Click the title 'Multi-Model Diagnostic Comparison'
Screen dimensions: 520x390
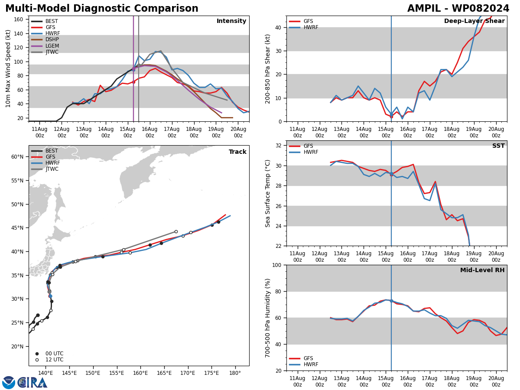[102, 9]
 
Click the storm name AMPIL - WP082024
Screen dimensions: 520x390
[458, 9]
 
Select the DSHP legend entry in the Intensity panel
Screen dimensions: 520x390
[45, 39]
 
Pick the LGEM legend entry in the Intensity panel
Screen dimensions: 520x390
[45, 45]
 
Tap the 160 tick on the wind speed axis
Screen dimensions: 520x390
[18, 19]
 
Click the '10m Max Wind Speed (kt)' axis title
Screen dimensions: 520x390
[8, 68]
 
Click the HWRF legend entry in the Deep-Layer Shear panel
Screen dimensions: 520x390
[303, 27]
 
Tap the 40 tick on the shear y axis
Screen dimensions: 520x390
[278, 27]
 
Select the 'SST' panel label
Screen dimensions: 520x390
[498, 146]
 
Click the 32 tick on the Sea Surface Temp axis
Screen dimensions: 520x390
[278, 146]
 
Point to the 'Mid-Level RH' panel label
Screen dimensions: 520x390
[482, 270]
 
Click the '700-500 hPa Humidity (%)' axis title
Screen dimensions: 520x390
[267, 318]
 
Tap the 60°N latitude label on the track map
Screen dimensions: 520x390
[17, 157]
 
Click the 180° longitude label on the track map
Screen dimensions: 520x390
[235, 373]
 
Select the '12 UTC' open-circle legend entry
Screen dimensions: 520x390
[50, 360]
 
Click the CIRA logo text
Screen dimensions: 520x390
[32, 383]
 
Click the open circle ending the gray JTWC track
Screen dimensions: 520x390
[176, 231]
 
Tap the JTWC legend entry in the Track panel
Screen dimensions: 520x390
[45, 169]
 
